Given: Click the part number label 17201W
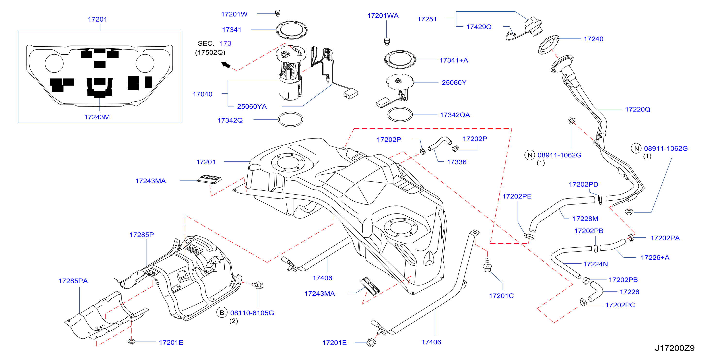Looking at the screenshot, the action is pyautogui.click(x=234, y=14).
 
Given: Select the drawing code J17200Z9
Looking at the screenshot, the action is pyautogui.click(x=675, y=348).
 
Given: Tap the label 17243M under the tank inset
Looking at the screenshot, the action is pyautogui.click(x=97, y=117).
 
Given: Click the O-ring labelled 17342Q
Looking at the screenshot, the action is pyautogui.click(x=290, y=119).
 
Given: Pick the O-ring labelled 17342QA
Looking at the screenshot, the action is pyautogui.click(x=400, y=115).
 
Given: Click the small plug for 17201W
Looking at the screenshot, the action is pyautogui.click(x=278, y=13).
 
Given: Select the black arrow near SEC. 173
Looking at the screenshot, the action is pyautogui.click(x=226, y=65).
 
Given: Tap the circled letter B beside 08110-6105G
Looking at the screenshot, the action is pyautogui.click(x=222, y=312).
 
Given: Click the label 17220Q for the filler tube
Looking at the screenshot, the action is pyautogui.click(x=637, y=109).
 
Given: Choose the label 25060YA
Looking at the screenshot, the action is pyautogui.click(x=252, y=106).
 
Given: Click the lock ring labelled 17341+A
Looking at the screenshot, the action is pyautogui.click(x=400, y=59).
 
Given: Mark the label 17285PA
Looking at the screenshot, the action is pyautogui.click(x=73, y=281).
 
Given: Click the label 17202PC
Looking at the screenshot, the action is pyautogui.click(x=620, y=305).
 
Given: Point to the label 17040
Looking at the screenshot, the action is pyautogui.click(x=202, y=94).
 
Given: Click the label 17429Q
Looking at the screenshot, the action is pyautogui.click(x=479, y=27).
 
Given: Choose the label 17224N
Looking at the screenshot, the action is pyautogui.click(x=595, y=264).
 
